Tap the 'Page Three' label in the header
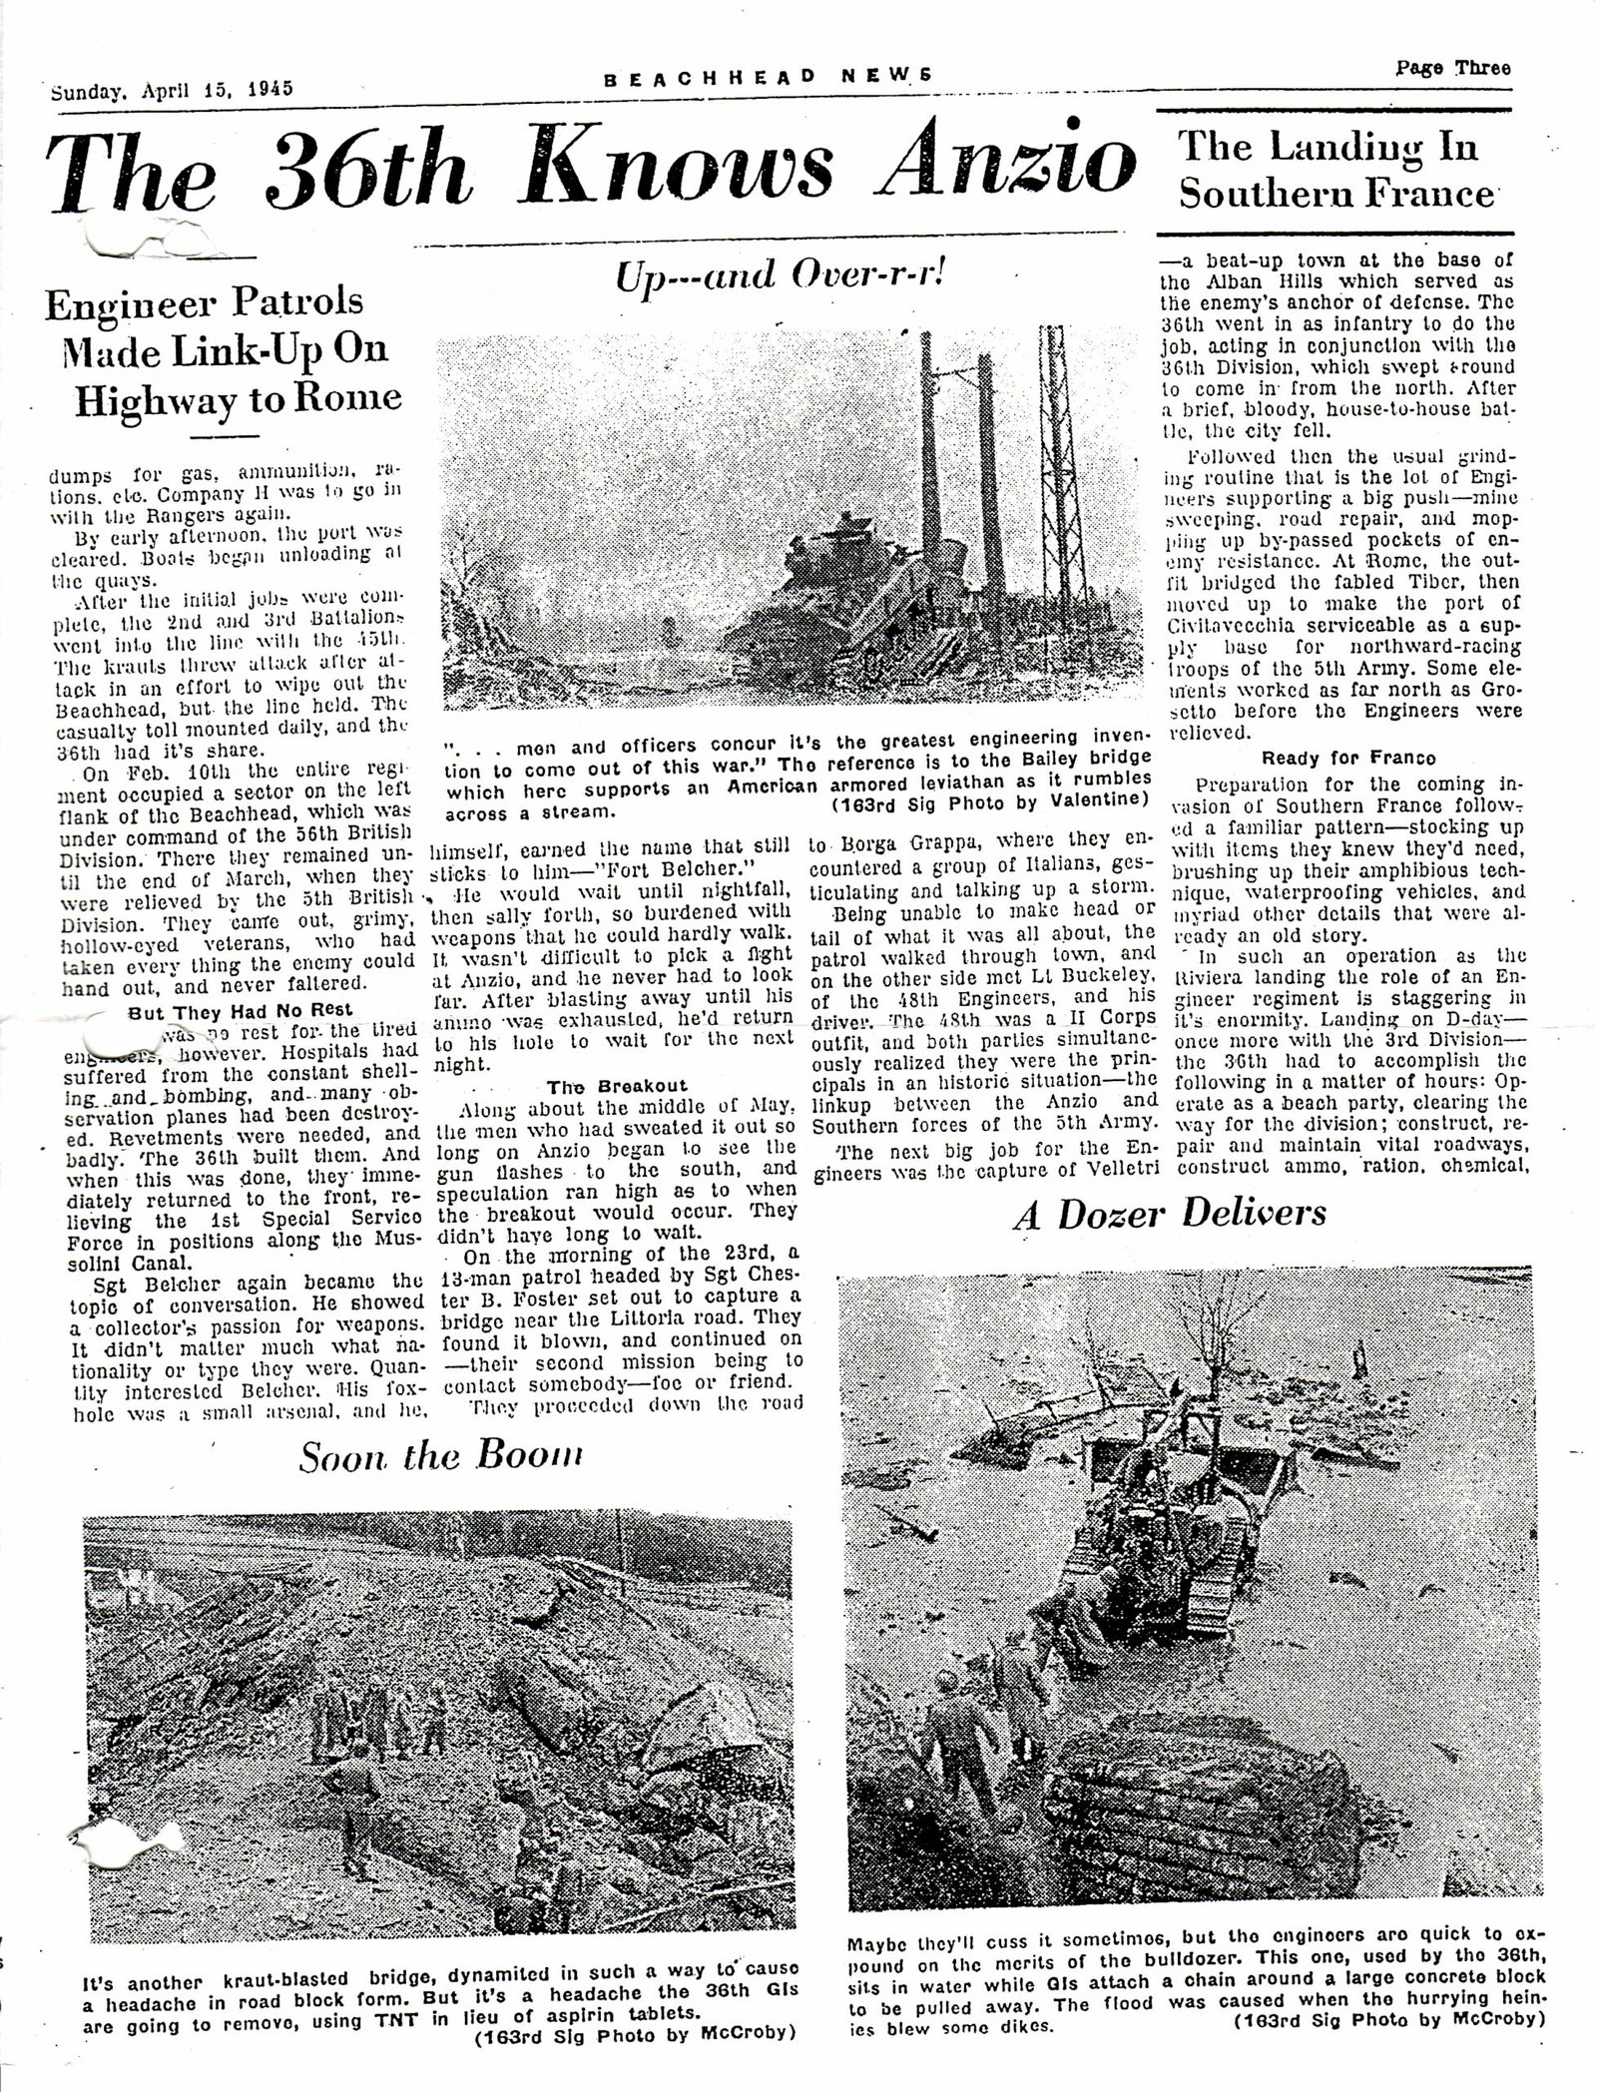[x=1452, y=68]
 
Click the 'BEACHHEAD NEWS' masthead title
[x=768, y=75]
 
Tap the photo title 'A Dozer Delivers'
[x=1169, y=1212]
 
